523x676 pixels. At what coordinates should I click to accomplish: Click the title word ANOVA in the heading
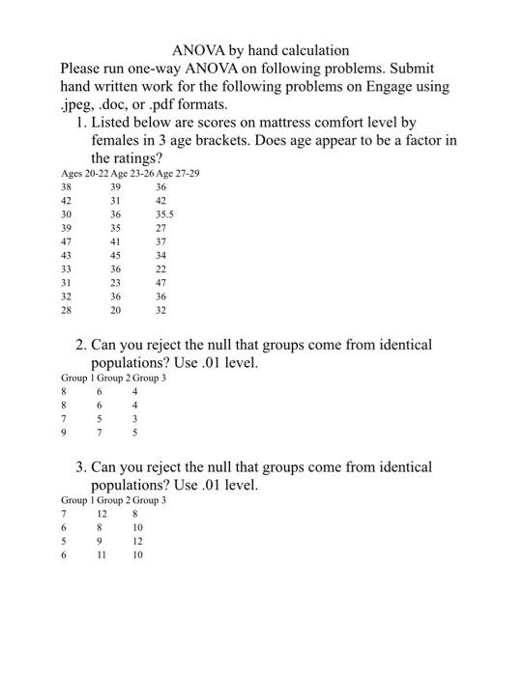pyautogui.click(x=198, y=49)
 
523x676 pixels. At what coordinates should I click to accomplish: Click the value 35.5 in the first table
pyautogui.click(x=164, y=214)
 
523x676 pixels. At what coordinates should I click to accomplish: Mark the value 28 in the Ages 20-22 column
pyautogui.click(x=66, y=311)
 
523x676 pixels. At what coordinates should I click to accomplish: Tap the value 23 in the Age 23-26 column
pyautogui.click(x=116, y=283)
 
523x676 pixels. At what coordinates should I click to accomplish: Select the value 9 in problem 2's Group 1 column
pyautogui.click(x=64, y=434)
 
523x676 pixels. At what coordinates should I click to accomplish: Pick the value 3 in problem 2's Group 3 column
pyautogui.click(x=135, y=420)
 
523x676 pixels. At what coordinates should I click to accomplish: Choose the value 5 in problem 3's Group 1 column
pyautogui.click(x=64, y=542)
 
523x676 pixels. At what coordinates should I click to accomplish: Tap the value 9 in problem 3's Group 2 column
pyautogui.click(x=100, y=542)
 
